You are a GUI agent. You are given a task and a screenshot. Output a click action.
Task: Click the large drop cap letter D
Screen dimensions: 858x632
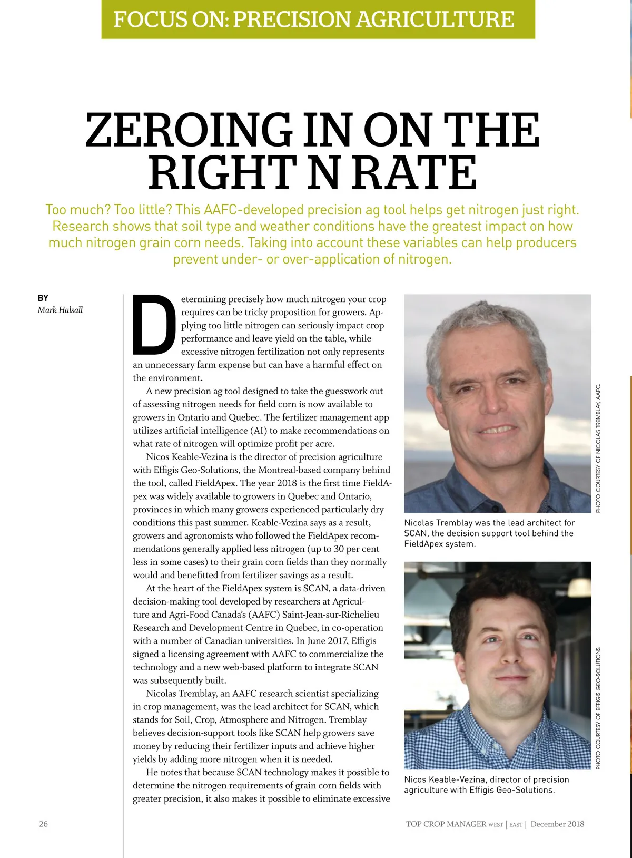(154, 325)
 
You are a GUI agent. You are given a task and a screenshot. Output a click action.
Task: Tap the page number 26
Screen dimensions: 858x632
(43, 824)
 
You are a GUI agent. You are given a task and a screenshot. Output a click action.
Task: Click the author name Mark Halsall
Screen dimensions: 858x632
(60, 310)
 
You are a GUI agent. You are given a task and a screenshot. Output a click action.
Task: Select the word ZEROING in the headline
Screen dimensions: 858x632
(189, 130)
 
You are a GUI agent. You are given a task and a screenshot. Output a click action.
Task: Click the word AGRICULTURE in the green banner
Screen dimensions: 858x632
(435, 19)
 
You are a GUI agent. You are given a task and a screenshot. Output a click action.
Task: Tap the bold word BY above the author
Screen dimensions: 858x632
(43, 298)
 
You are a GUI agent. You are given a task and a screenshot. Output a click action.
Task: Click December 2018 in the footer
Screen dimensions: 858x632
(557, 824)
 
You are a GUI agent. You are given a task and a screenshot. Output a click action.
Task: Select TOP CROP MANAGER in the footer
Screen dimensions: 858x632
(446, 824)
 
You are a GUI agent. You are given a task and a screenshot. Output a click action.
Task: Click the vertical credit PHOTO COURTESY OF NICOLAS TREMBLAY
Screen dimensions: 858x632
(598, 448)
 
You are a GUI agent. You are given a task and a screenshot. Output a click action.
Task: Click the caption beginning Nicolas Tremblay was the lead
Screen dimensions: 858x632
(489, 533)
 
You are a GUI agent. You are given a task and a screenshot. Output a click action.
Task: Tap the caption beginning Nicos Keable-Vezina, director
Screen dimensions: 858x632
(486, 785)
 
